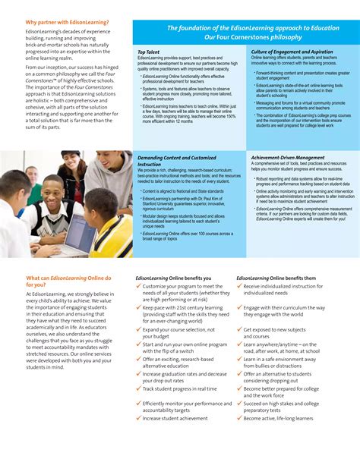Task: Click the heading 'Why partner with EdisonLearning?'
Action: [x=67, y=23]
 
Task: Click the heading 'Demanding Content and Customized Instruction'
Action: [x=177, y=160]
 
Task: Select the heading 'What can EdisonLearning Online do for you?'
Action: [x=68, y=281]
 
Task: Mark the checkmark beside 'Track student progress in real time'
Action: [x=138, y=367]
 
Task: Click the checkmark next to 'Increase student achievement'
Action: [x=138, y=418]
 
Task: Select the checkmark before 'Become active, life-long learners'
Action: [x=239, y=418]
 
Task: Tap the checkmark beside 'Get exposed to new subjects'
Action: [x=239, y=330]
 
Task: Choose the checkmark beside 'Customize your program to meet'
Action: [x=138, y=287]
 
